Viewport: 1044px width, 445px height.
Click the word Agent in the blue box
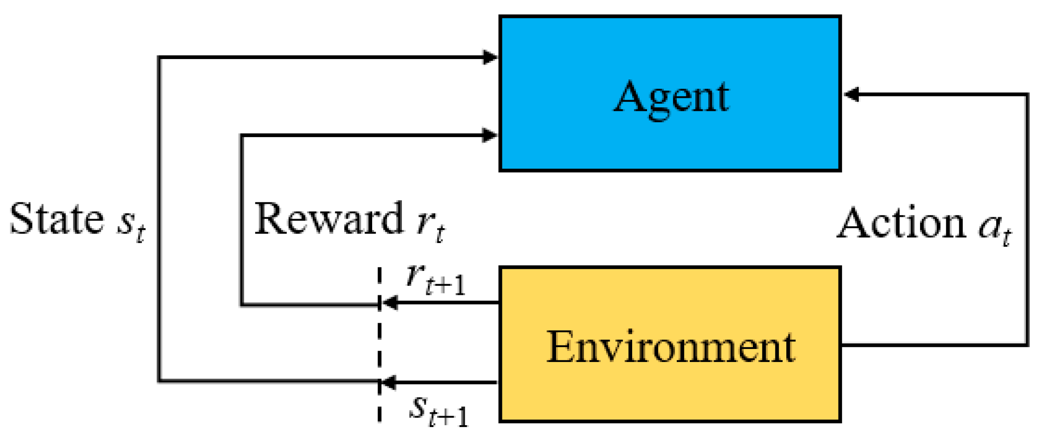[671, 97]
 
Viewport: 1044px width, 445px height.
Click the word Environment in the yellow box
[671, 347]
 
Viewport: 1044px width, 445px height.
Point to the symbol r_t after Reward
[430, 225]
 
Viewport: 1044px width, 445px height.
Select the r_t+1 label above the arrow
[435, 280]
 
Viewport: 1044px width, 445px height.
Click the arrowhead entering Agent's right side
[851, 95]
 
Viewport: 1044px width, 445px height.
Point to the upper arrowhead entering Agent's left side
[490, 57]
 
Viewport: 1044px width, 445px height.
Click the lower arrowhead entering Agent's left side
[490, 135]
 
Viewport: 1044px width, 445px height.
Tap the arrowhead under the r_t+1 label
[390, 303]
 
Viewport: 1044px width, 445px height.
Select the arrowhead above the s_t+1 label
[389, 382]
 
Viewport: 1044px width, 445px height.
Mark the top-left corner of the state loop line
[160, 58]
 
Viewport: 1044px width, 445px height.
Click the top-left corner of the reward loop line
[242, 135]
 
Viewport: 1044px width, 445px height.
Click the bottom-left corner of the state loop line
[160, 381]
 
